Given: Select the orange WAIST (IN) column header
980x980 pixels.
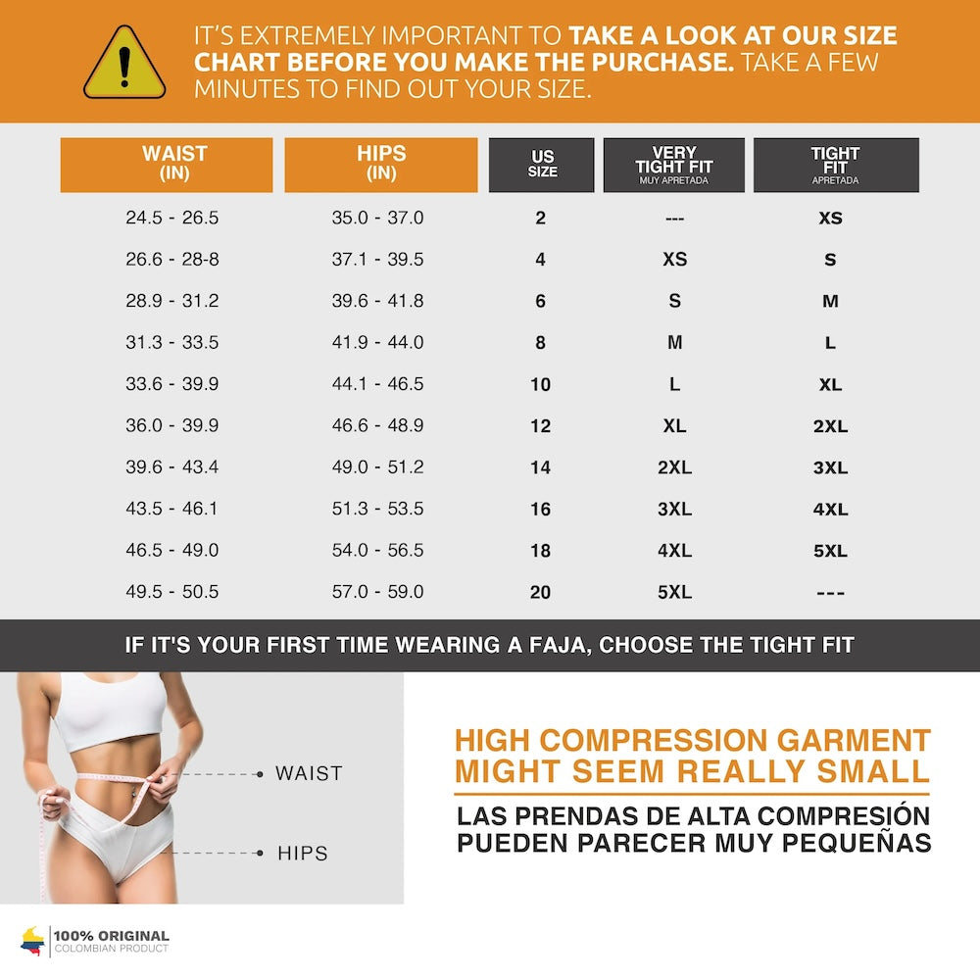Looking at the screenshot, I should pos(167,165).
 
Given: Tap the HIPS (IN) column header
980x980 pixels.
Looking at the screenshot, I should pos(381,165).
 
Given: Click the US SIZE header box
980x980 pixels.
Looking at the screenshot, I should pos(542,165).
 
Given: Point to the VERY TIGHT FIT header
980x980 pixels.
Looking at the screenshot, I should pos(674,165).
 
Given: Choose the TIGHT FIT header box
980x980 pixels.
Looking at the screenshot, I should pos(835,165).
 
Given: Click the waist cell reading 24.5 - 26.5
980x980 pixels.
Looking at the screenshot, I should pos(172,218).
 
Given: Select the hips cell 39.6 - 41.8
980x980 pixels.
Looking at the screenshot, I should pos(377,301).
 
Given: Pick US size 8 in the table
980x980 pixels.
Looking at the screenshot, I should pos(540,343).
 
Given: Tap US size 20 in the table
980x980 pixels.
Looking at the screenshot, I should pos(540,592).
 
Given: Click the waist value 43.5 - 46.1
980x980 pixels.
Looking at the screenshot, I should pos(172,509).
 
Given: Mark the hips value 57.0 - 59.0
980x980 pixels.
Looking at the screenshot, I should pos(377,592).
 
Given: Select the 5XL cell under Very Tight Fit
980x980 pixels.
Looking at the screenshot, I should pos(674,592).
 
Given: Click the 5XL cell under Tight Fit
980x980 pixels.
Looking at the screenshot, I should pos(830,551).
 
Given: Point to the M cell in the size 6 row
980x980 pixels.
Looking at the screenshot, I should pos(830,301).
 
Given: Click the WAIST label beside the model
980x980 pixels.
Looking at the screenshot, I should pos(309,773).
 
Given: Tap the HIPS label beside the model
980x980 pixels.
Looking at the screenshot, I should pos(302,854).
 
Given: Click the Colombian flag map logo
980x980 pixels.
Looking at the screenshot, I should pos(32,941).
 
